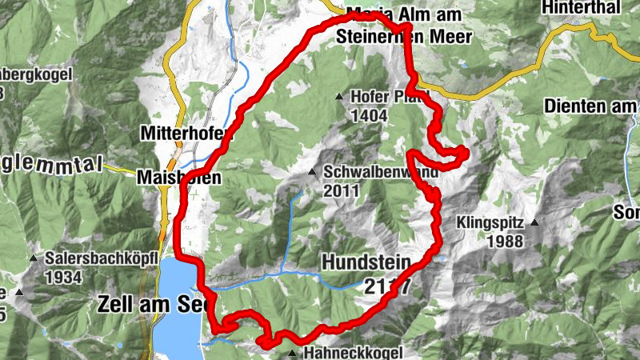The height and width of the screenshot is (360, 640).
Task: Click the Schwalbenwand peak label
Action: (369, 173)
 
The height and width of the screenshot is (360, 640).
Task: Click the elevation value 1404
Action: (368, 116)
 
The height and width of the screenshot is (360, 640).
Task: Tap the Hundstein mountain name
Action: (366, 262)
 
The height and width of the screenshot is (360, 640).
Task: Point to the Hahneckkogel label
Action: (348, 353)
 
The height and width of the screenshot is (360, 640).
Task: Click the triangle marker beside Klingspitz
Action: (534, 222)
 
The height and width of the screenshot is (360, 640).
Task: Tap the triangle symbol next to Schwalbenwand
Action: (313, 172)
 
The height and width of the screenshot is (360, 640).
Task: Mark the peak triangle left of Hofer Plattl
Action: (338, 97)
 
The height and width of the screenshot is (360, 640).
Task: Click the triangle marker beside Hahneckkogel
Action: (292, 353)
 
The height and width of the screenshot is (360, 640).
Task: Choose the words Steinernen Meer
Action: (404, 36)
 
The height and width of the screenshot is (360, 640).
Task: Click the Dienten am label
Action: (590, 105)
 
